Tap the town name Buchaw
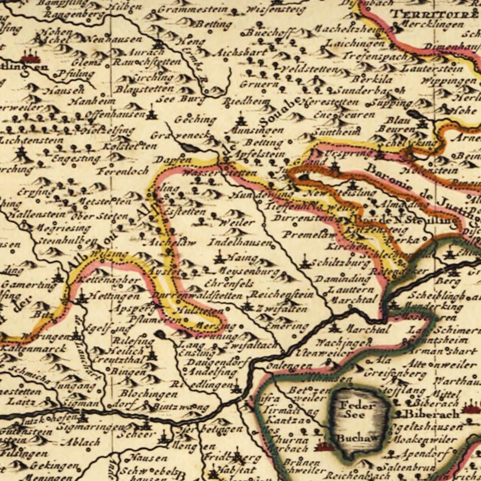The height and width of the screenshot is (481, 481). [x=358, y=438]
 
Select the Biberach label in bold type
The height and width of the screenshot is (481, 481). [x=432, y=413]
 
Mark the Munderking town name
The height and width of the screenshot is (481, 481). [x=433, y=307]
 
